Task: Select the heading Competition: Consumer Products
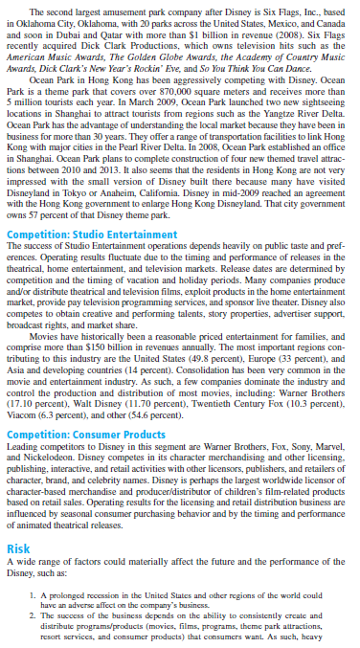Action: [x=92, y=434]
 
